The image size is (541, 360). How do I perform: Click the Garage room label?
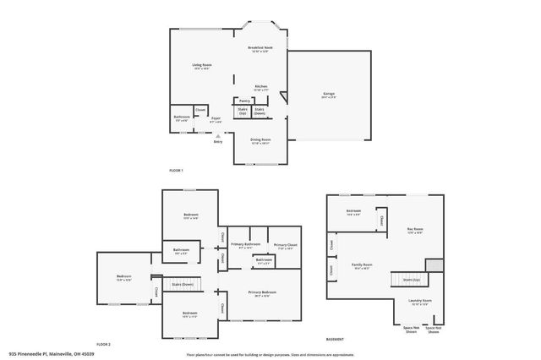coord(328,95)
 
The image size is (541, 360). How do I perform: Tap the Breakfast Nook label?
coord(260,48)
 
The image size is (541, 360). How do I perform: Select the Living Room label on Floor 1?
coord(201,65)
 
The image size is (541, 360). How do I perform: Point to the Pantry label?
coord(245,100)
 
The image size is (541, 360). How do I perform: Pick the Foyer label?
coord(216,119)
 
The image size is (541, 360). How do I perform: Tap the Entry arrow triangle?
coord(217,135)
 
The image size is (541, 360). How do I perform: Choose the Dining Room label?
coord(260,141)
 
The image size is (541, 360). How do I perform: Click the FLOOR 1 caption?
coord(176,171)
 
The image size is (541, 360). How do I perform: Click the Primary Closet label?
coord(285,246)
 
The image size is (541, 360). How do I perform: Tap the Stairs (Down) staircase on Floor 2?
coord(182,285)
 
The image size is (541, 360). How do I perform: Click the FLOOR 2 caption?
coord(103,345)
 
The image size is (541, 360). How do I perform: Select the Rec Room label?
coord(415,229)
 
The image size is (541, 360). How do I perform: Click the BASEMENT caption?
coord(335,339)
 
